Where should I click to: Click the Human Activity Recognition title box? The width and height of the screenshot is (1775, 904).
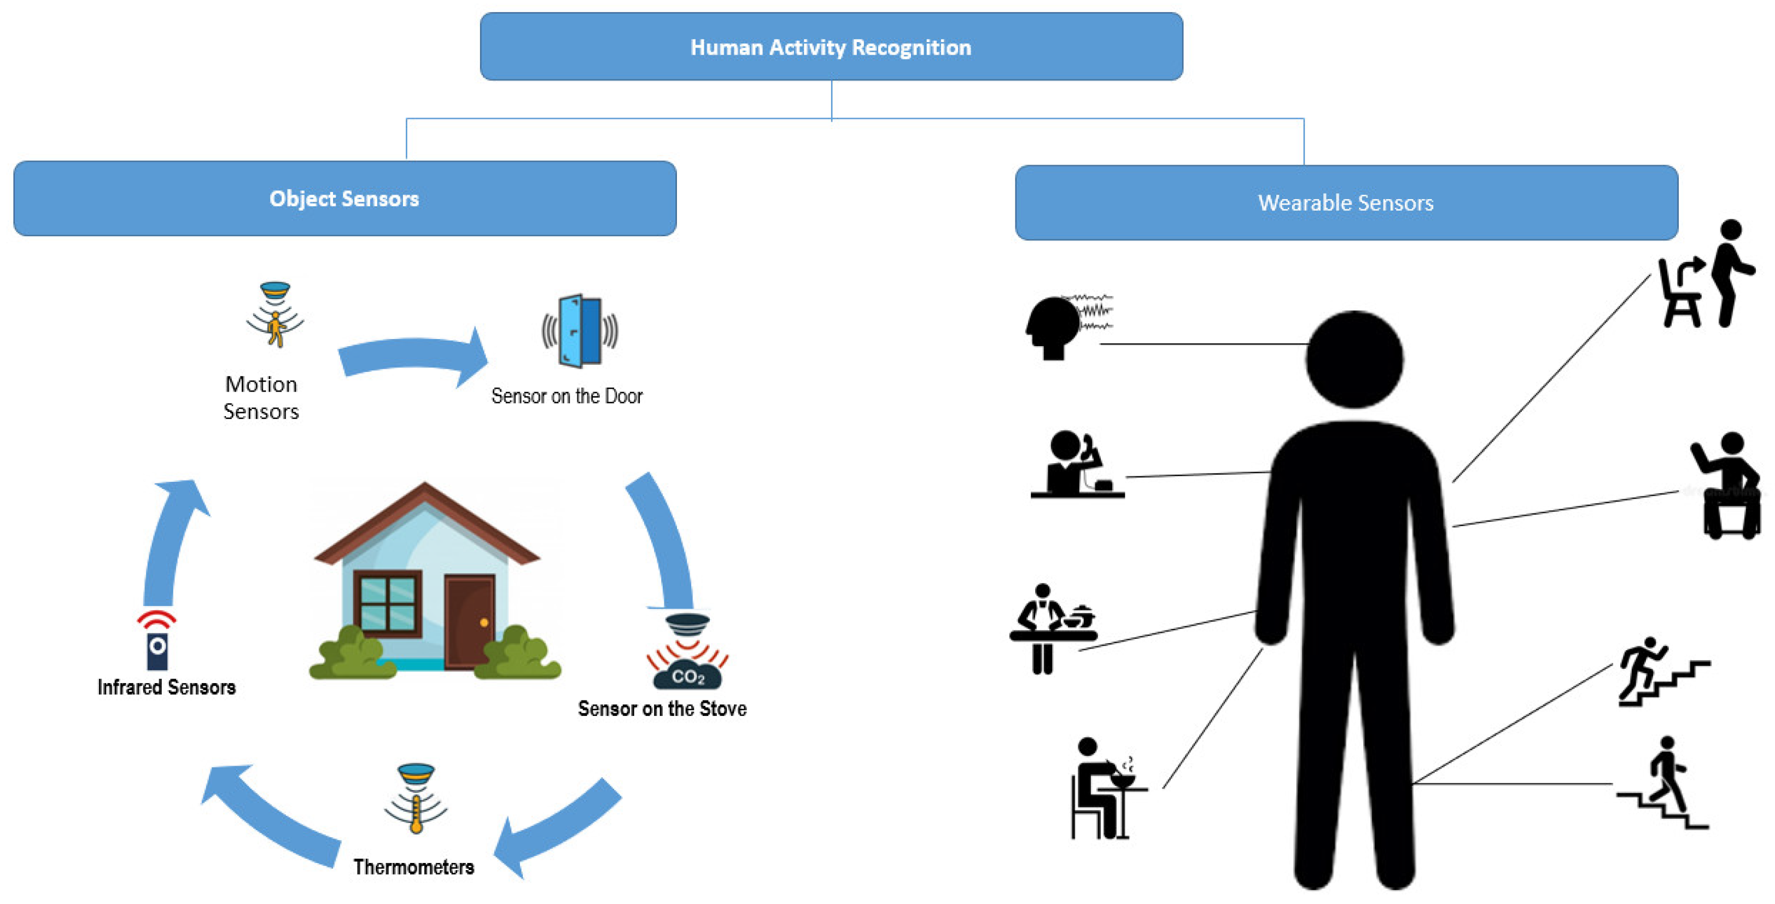coord(831,47)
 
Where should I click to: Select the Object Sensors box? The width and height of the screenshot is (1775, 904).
coord(345,199)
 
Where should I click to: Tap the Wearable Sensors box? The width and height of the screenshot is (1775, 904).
coord(1346,202)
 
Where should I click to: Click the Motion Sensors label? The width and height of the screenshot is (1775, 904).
coord(261,398)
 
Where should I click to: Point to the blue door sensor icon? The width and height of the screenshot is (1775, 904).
coord(580,331)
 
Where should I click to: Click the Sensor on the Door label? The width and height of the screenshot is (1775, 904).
coord(567,396)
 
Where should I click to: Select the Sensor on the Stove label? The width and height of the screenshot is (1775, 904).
coord(662,708)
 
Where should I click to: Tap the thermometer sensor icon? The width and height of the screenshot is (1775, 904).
coord(416,798)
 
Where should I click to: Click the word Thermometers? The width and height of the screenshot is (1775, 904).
coord(413,867)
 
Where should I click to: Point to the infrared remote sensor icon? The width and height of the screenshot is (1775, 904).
coord(157,641)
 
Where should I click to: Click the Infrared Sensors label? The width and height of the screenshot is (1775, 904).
coord(167,687)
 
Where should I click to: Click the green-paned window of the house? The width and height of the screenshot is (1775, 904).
coord(387,603)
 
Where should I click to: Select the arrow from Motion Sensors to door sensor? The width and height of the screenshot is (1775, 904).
coord(413,357)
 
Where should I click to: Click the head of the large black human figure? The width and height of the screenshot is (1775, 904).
coord(1354,359)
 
